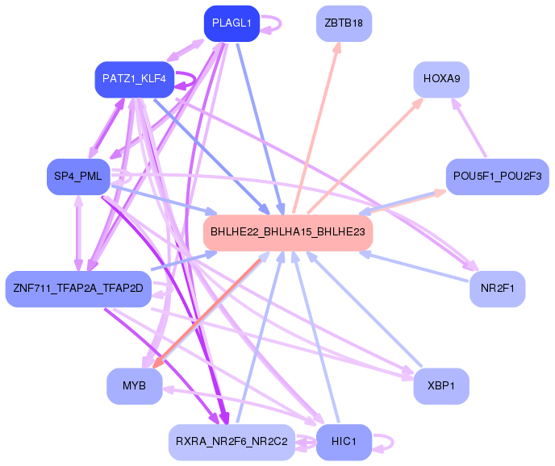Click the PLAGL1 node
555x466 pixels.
(232, 23)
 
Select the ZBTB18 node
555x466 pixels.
(344, 23)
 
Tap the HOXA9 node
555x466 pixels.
(441, 80)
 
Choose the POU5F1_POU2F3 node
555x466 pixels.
(497, 176)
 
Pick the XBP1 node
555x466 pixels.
(441, 385)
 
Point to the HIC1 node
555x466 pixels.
(344, 442)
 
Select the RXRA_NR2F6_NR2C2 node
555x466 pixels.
(232, 442)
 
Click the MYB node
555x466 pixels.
(134, 385)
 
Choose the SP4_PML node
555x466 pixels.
(78, 176)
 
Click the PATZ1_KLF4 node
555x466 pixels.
(134, 80)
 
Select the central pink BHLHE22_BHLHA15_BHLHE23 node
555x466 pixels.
(287, 232)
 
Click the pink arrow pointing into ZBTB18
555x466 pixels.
(319, 121)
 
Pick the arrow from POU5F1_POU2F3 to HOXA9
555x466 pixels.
(479, 129)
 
